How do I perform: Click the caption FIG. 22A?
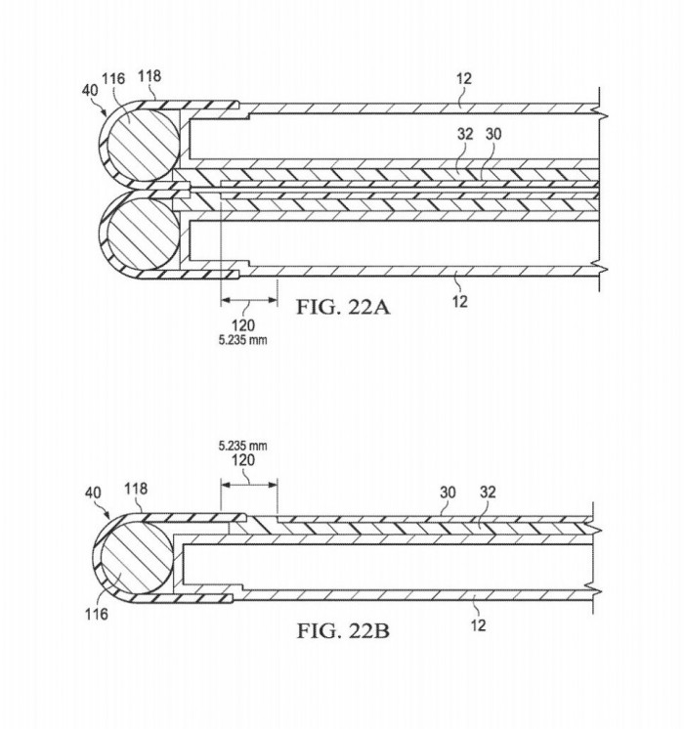point(343,307)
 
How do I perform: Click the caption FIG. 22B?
point(343,631)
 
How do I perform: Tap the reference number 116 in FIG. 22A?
point(113,78)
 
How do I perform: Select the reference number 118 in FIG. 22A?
point(150,76)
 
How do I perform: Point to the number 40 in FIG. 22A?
point(90,90)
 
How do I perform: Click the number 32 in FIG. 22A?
point(465,134)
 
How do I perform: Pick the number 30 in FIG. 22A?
point(493,134)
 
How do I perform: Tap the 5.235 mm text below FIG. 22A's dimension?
point(242,340)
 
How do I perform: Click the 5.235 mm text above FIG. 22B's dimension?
point(242,446)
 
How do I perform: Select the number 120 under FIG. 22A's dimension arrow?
point(243,325)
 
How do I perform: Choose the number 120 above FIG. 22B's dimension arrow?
point(243,460)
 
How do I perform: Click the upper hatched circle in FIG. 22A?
point(144,145)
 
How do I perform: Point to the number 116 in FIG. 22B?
point(97,614)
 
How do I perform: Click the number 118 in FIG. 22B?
point(136,489)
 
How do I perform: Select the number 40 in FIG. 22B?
point(93,493)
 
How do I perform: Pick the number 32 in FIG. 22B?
point(488,492)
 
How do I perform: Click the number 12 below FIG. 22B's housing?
point(478,625)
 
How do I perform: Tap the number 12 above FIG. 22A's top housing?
point(464,78)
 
